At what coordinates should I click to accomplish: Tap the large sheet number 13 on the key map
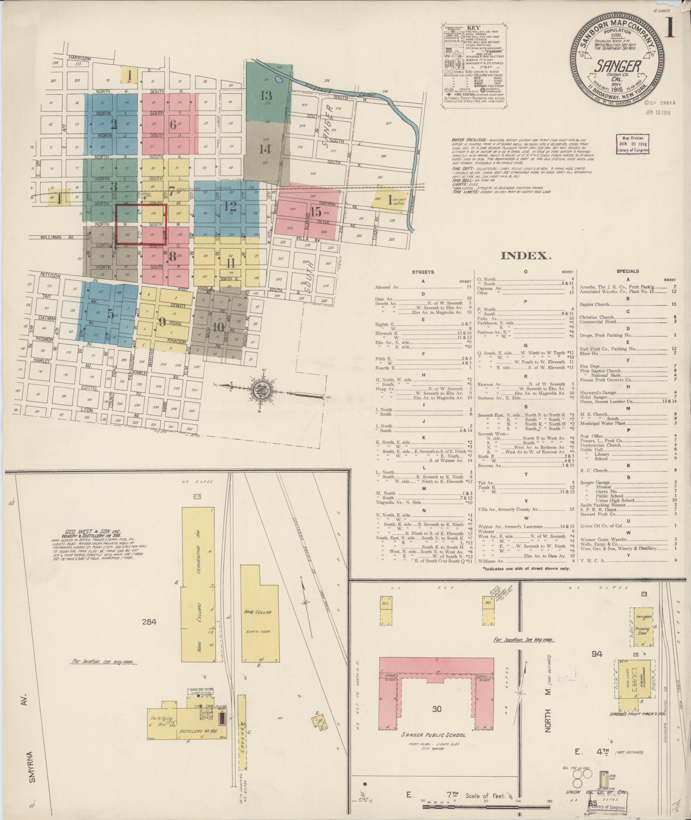[x=266, y=95]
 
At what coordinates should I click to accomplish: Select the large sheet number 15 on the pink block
[x=316, y=212]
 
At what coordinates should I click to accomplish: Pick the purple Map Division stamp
[x=632, y=144]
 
